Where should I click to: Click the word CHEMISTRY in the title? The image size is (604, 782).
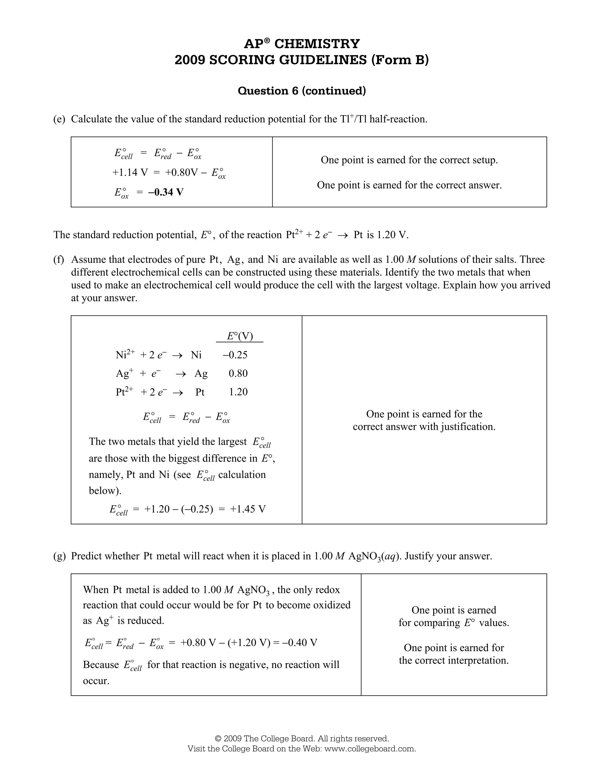coord(317,44)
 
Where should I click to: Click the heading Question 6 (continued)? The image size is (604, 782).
coord(302,91)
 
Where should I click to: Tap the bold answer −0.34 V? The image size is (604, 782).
coord(166,192)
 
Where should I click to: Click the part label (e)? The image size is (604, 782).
coord(59,119)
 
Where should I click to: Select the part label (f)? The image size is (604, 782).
coord(59,259)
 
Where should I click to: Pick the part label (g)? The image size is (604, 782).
coord(59,556)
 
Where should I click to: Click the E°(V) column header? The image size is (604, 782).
coord(240,336)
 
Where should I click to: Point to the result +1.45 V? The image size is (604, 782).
coord(248,509)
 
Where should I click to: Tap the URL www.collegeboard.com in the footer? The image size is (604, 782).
coord(370,749)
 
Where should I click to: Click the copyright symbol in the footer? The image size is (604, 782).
coord(218,739)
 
